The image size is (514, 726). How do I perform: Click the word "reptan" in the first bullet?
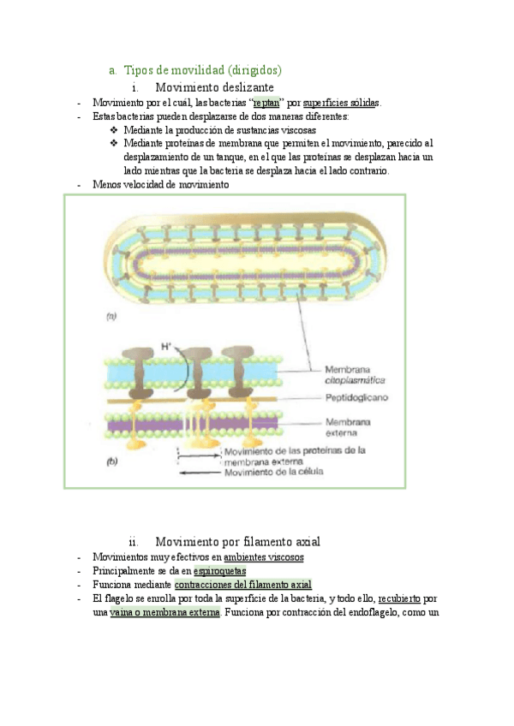coord(269,103)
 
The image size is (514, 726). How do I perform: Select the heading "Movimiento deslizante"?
coord(214,87)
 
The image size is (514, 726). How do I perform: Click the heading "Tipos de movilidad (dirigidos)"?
coord(203,69)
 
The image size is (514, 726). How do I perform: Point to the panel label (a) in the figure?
coord(111,317)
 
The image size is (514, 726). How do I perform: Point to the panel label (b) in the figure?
coord(111,462)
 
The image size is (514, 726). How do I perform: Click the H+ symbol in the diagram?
coord(168,347)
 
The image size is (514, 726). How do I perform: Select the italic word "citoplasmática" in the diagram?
coord(355,378)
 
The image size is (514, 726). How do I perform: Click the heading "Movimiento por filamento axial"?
coord(237,542)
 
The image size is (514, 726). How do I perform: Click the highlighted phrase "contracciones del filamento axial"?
coord(242,585)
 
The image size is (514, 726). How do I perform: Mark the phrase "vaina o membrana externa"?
coord(164,613)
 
